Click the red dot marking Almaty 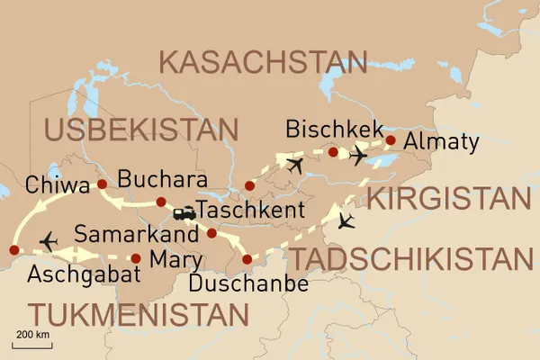[391, 140]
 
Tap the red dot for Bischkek [333, 152]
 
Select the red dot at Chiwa [102, 184]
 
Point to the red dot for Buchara [161, 202]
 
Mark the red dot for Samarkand [211, 233]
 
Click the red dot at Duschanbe [247, 260]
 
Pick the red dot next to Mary [136, 258]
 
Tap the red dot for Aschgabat [13, 249]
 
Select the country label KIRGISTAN [446, 199]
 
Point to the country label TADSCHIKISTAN [410, 259]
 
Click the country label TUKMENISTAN [138, 315]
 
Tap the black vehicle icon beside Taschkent [184, 214]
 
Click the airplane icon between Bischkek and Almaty [358, 157]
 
